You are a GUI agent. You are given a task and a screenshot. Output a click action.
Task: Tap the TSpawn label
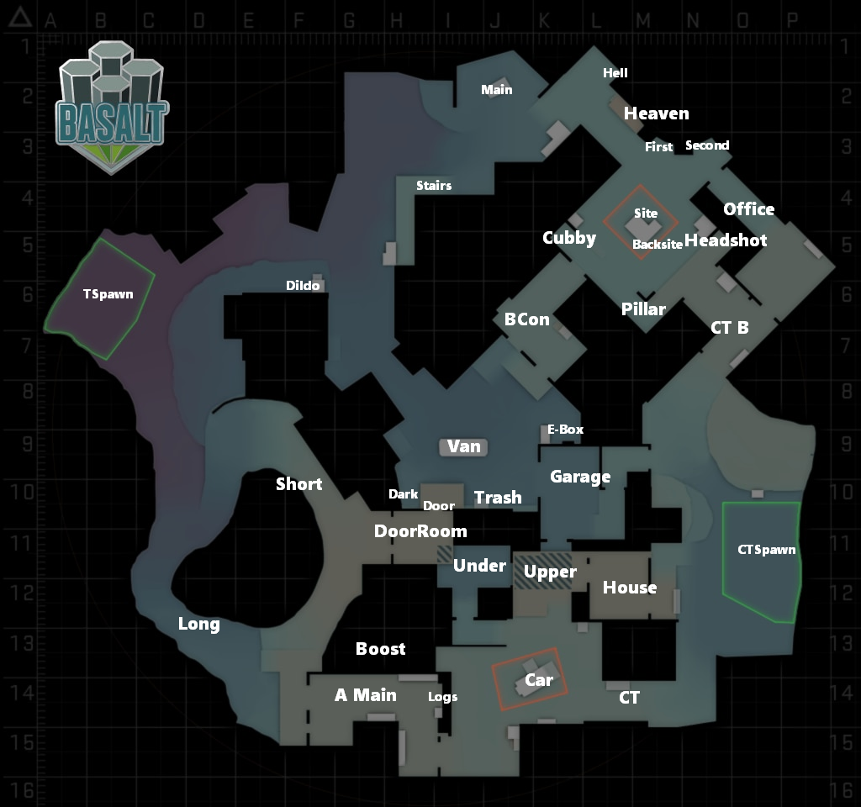108,295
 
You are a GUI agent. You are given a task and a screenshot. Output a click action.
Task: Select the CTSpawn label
766,550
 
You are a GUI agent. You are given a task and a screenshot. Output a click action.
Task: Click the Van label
464,446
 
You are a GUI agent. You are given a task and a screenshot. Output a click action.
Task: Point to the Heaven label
656,113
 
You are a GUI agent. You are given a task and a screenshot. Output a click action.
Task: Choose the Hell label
615,73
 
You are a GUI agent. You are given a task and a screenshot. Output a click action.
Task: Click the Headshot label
725,240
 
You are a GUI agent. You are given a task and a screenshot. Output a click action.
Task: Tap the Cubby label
569,238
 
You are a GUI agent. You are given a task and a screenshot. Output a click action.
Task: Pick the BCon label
526,319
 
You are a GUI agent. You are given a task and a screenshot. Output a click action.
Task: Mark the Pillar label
643,309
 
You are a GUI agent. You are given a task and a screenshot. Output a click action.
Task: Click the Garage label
580,477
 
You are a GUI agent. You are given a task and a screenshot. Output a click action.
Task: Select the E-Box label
565,430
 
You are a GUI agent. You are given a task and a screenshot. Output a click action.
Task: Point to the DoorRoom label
420,531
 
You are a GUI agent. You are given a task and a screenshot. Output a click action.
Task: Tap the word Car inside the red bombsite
538,679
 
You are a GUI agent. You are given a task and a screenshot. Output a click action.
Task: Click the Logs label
443,697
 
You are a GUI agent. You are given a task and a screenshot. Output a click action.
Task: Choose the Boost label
380,649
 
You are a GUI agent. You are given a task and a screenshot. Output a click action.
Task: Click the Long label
198,624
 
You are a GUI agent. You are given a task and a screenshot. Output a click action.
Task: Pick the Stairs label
434,185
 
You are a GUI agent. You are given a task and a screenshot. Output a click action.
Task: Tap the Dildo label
303,286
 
